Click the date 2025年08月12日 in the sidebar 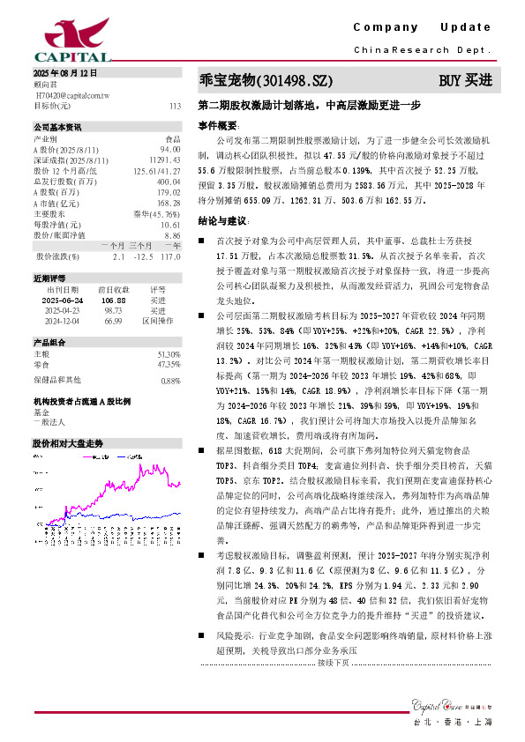pos(64,73)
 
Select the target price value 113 pos(174,105)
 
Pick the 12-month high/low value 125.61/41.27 pos(158,171)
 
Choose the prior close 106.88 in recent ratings pos(110,301)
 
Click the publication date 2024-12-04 pos(62,322)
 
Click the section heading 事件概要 pos(218,126)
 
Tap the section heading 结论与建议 pos(222,219)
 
